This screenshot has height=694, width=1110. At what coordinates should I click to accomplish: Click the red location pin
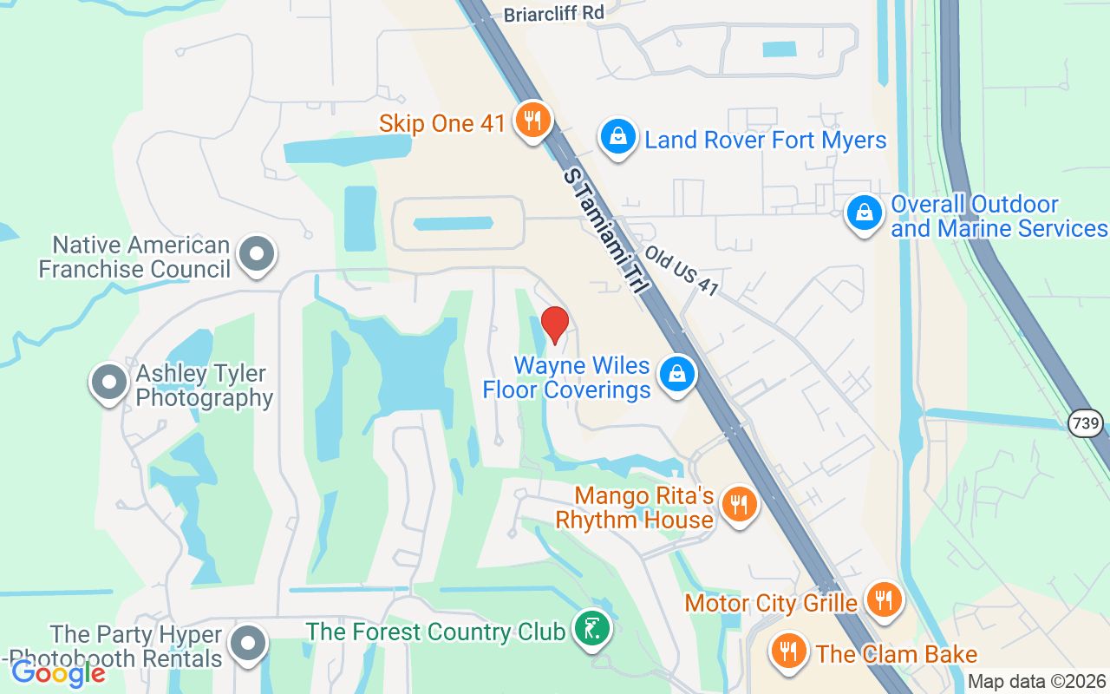click(x=554, y=324)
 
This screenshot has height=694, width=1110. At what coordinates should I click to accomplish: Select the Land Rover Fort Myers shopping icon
click(x=617, y=138)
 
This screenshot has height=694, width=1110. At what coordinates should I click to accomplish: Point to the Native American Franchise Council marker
click(x=256, y=256)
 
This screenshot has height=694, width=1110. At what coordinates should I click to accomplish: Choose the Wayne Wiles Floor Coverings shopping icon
click(x=677, y=376)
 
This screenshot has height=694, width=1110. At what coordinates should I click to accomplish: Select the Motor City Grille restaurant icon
click(x=884, y=600)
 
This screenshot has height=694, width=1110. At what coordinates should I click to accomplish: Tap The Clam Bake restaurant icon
click(x=788, y=651)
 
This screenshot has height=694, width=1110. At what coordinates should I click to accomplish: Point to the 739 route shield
click(x=1087, y=424)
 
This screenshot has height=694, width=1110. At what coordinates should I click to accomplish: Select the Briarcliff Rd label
click(x=554, y=13)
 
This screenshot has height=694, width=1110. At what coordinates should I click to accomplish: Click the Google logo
click(x=58, y=672)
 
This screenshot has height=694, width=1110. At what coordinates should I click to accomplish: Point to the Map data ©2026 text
click(x=1036, y=682)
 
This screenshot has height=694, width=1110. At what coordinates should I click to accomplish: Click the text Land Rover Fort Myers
click(x=766, y=140)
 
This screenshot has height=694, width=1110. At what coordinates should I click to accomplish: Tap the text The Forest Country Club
click(x=435, y=632)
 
